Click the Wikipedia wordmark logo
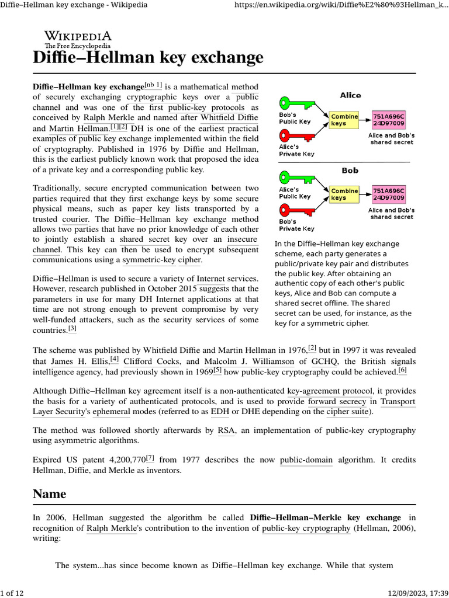pos(78,38)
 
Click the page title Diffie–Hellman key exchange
pos(148,58)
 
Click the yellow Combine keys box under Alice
pos(344,120)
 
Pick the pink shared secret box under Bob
pos(389,194)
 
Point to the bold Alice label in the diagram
pos(350,95)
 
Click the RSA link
pos(226,430)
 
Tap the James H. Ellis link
pos(80,361)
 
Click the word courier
pos(75,219)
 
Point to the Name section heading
pos(49,494)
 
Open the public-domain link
pos(306,460)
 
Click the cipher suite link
pos(347,412)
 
